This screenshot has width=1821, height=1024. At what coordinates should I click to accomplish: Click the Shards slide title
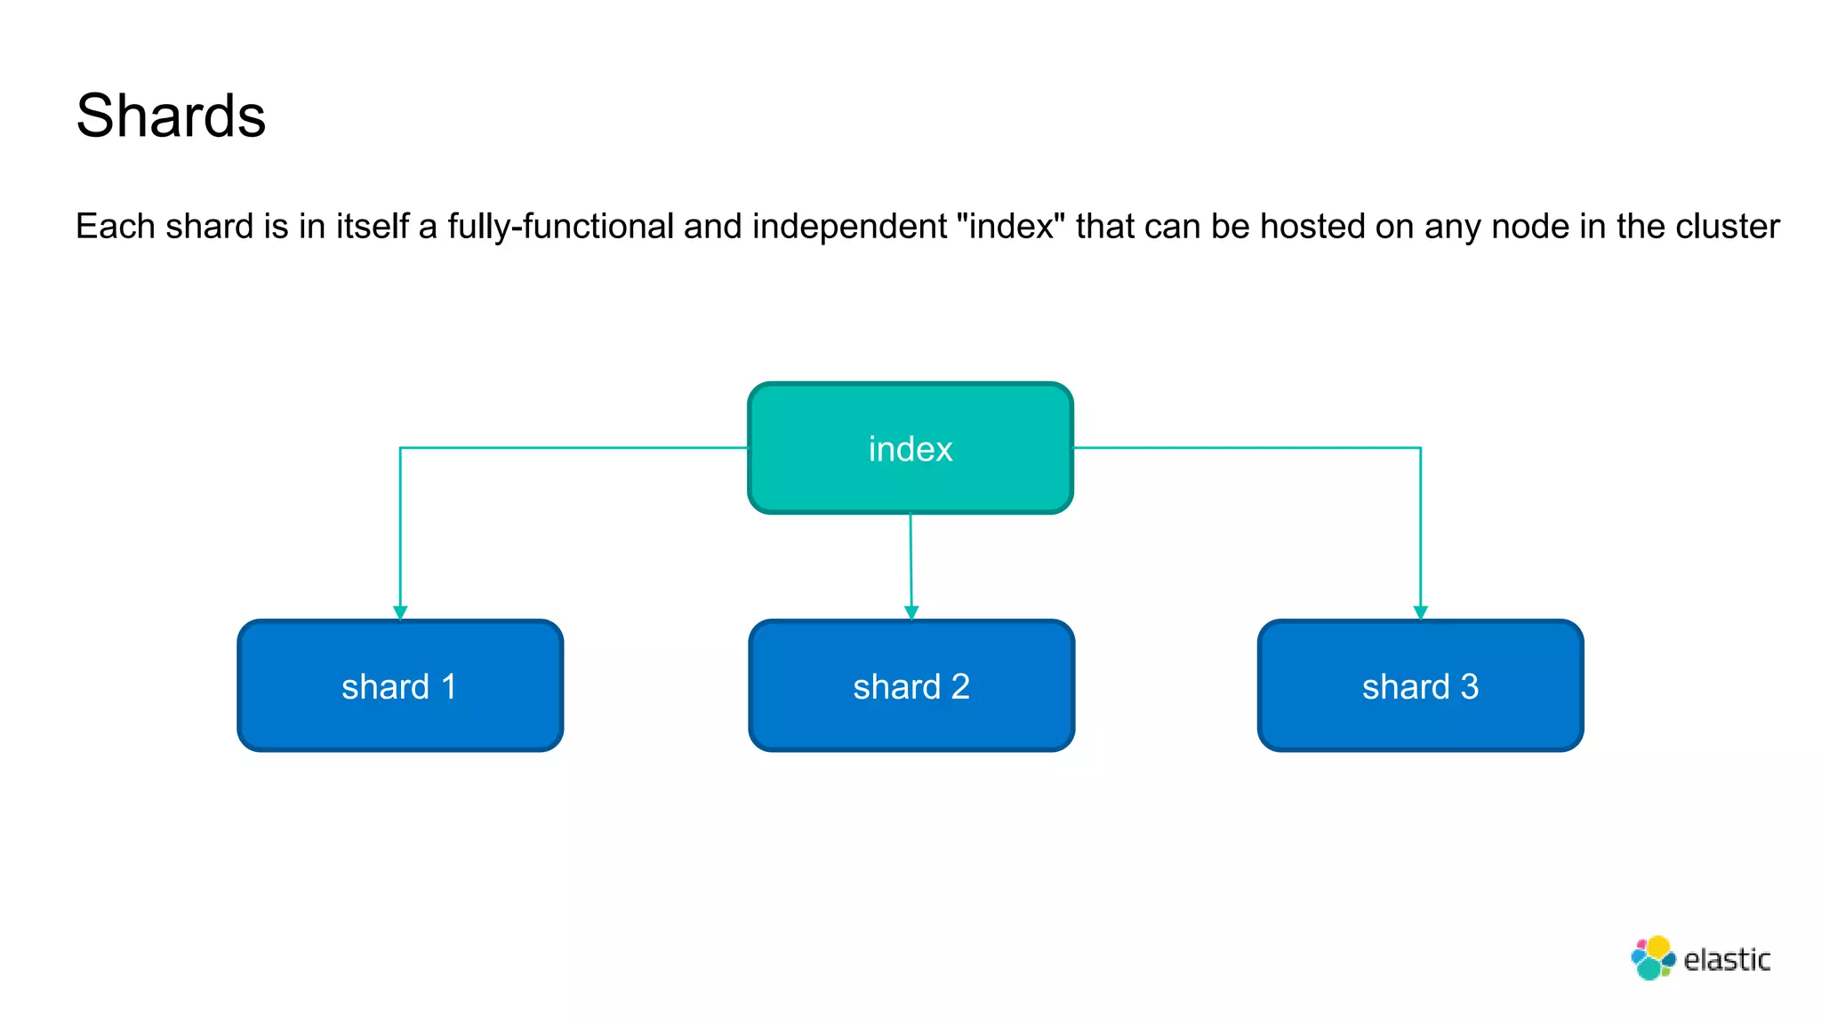click(171, 116)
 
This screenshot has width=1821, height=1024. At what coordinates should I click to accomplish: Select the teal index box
click(910, 448)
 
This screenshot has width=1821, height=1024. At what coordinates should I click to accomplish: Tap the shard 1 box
click(400, 686)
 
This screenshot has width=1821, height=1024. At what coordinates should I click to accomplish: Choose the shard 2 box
click(911, 686)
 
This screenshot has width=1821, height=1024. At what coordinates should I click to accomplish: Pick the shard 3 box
click(1420, 686)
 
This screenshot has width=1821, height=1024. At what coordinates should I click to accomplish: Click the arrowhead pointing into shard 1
click(400, 612)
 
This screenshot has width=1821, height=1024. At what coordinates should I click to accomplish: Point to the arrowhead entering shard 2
click(911, 612)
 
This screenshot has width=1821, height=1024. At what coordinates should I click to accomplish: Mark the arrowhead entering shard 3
click(1420, 612)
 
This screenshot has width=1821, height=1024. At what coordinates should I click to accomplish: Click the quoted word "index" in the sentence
click(1010, 227)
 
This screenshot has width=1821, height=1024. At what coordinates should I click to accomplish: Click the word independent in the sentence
click(849, 227)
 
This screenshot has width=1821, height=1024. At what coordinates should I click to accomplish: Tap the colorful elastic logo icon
click(1653, 958)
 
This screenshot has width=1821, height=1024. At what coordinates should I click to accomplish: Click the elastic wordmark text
click(1727, 960)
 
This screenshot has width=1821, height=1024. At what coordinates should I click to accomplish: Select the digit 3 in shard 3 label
click(1469, 686)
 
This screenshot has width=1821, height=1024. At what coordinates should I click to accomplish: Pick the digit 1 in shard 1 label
click(449, 686)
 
